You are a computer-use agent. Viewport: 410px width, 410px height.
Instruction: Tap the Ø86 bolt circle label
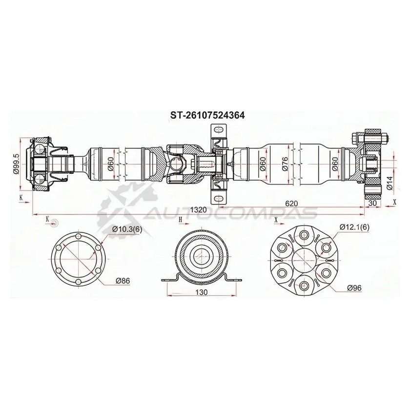123,281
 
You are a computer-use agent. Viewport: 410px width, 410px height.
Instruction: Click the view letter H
180,220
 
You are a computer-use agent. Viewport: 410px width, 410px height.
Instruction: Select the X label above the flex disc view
276,220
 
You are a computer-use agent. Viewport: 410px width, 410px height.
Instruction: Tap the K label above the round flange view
47,219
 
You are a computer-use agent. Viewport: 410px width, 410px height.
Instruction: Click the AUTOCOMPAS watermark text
229,213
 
